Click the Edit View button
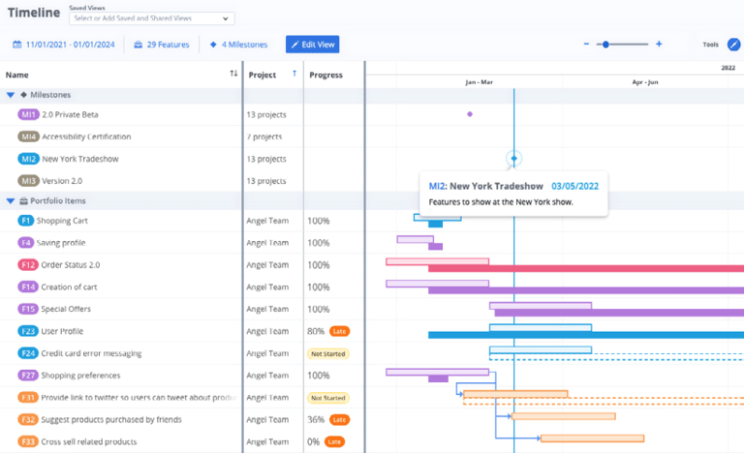tap(312, 45)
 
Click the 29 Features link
tap(161, 45)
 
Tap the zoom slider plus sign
tap(659, 45)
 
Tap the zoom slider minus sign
tap(586, 45)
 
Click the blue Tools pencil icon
tap(733, 45)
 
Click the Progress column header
tap(325, 75)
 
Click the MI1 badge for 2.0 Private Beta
tap(28, 114)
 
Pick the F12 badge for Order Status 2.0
tap(28, 265)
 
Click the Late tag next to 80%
tap(339, 331)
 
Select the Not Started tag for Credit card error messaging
tap(327, 353)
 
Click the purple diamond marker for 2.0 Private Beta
tap(470, 114)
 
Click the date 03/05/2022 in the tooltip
tap(574, 185)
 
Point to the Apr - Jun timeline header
tap(645, 82)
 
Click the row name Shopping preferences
tap(80, 376)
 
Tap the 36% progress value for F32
tap(316, 419)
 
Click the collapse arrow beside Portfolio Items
tap(11, 201)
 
